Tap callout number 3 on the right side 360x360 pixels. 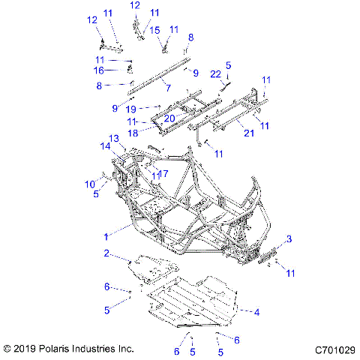(289, 238)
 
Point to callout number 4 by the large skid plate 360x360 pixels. (256, 311)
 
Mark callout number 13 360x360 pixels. (115, 138)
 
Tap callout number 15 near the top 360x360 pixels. (155, 30)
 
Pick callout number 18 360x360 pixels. (152, 133)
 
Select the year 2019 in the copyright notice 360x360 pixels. (25, 349)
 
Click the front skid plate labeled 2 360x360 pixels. (154, 266)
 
